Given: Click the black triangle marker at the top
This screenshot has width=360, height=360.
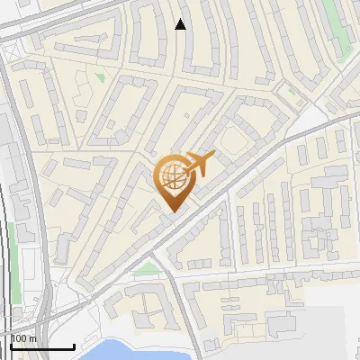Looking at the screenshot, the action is point(180,24).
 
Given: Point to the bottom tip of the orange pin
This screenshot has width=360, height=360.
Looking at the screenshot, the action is point(171,211).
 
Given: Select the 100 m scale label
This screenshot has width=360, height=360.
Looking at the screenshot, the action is point(23,338).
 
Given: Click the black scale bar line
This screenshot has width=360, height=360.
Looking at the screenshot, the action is point(42,346).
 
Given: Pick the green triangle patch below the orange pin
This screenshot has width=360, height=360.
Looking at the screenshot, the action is point(145,268).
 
